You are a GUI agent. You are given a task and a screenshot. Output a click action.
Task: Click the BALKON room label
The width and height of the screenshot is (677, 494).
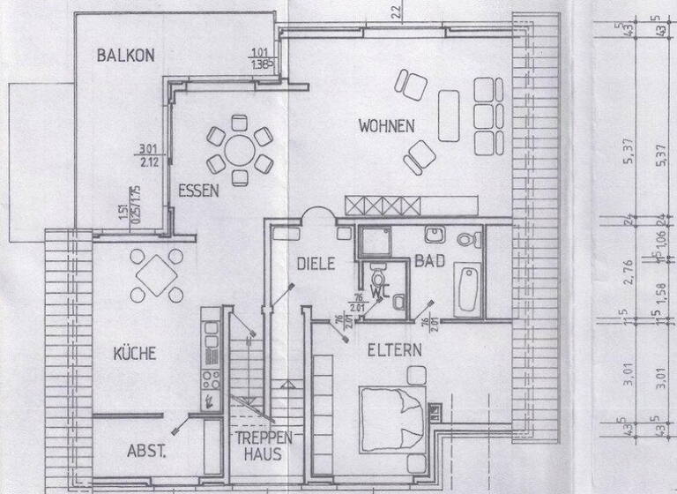tap(125, 55)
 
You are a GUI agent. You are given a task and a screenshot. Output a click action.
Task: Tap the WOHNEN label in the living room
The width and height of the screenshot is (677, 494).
tap(386, 126)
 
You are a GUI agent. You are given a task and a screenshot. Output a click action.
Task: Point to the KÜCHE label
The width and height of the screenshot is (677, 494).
tap(134, 354)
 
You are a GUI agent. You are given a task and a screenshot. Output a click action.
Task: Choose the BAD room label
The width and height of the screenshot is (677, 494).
tap(428, 263)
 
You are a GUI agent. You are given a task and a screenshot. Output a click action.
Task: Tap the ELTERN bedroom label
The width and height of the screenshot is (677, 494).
tap(395, 349)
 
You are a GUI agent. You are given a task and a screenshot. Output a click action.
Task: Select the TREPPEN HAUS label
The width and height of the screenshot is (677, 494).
tap(257, 446)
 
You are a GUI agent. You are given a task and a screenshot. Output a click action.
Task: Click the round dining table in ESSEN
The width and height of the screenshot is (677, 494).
tap(239, 150)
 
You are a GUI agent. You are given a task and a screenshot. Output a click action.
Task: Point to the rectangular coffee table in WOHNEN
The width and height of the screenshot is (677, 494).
tap(449, 116)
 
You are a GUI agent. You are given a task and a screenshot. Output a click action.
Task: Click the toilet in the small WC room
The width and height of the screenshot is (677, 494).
tap(378, 273)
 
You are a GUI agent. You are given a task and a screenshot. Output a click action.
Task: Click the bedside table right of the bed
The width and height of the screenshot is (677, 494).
tap(435, 412)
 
